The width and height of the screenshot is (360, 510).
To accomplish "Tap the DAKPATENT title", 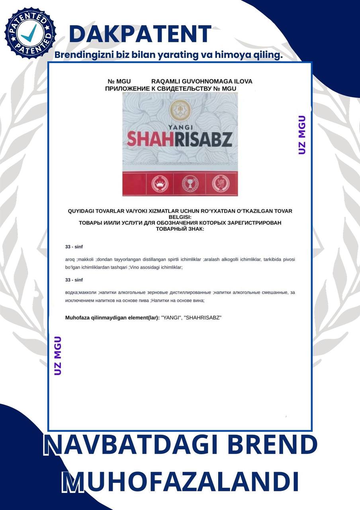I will (140, 34).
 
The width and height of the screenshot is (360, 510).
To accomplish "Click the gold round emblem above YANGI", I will (180, 110).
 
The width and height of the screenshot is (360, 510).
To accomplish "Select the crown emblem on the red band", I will (152, 184).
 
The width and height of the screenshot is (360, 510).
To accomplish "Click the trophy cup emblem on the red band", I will (190, 184).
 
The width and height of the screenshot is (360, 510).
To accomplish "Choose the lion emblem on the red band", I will (220, 184).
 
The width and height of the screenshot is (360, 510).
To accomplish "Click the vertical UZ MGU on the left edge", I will (58, 355).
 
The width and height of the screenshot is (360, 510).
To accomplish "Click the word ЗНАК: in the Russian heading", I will (196, 229).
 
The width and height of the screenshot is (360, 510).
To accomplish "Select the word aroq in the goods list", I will (70, 259).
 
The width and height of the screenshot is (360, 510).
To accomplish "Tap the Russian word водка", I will (71, 292).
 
